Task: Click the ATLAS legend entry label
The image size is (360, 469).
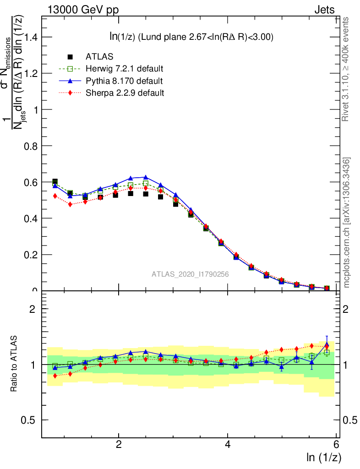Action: point(99,57)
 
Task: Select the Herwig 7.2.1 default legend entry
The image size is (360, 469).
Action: point(125,69)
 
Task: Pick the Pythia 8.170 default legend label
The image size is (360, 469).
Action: point(124,81)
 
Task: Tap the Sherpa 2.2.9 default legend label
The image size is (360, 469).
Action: point(125,93)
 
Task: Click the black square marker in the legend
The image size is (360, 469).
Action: point(70,57)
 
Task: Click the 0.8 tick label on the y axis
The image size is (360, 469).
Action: point(30,146)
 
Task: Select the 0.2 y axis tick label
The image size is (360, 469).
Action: point(30,255)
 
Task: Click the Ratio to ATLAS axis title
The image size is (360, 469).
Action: point(14,365)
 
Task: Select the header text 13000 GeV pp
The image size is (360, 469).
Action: point(83,10)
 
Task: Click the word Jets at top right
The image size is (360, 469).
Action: point(324,10)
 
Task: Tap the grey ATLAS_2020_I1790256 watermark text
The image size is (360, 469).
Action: point(191,275)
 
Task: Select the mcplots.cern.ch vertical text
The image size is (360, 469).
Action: point(347,223)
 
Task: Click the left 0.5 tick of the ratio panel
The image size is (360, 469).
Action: point(30,420)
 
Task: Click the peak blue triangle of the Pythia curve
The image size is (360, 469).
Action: point(146,177)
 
